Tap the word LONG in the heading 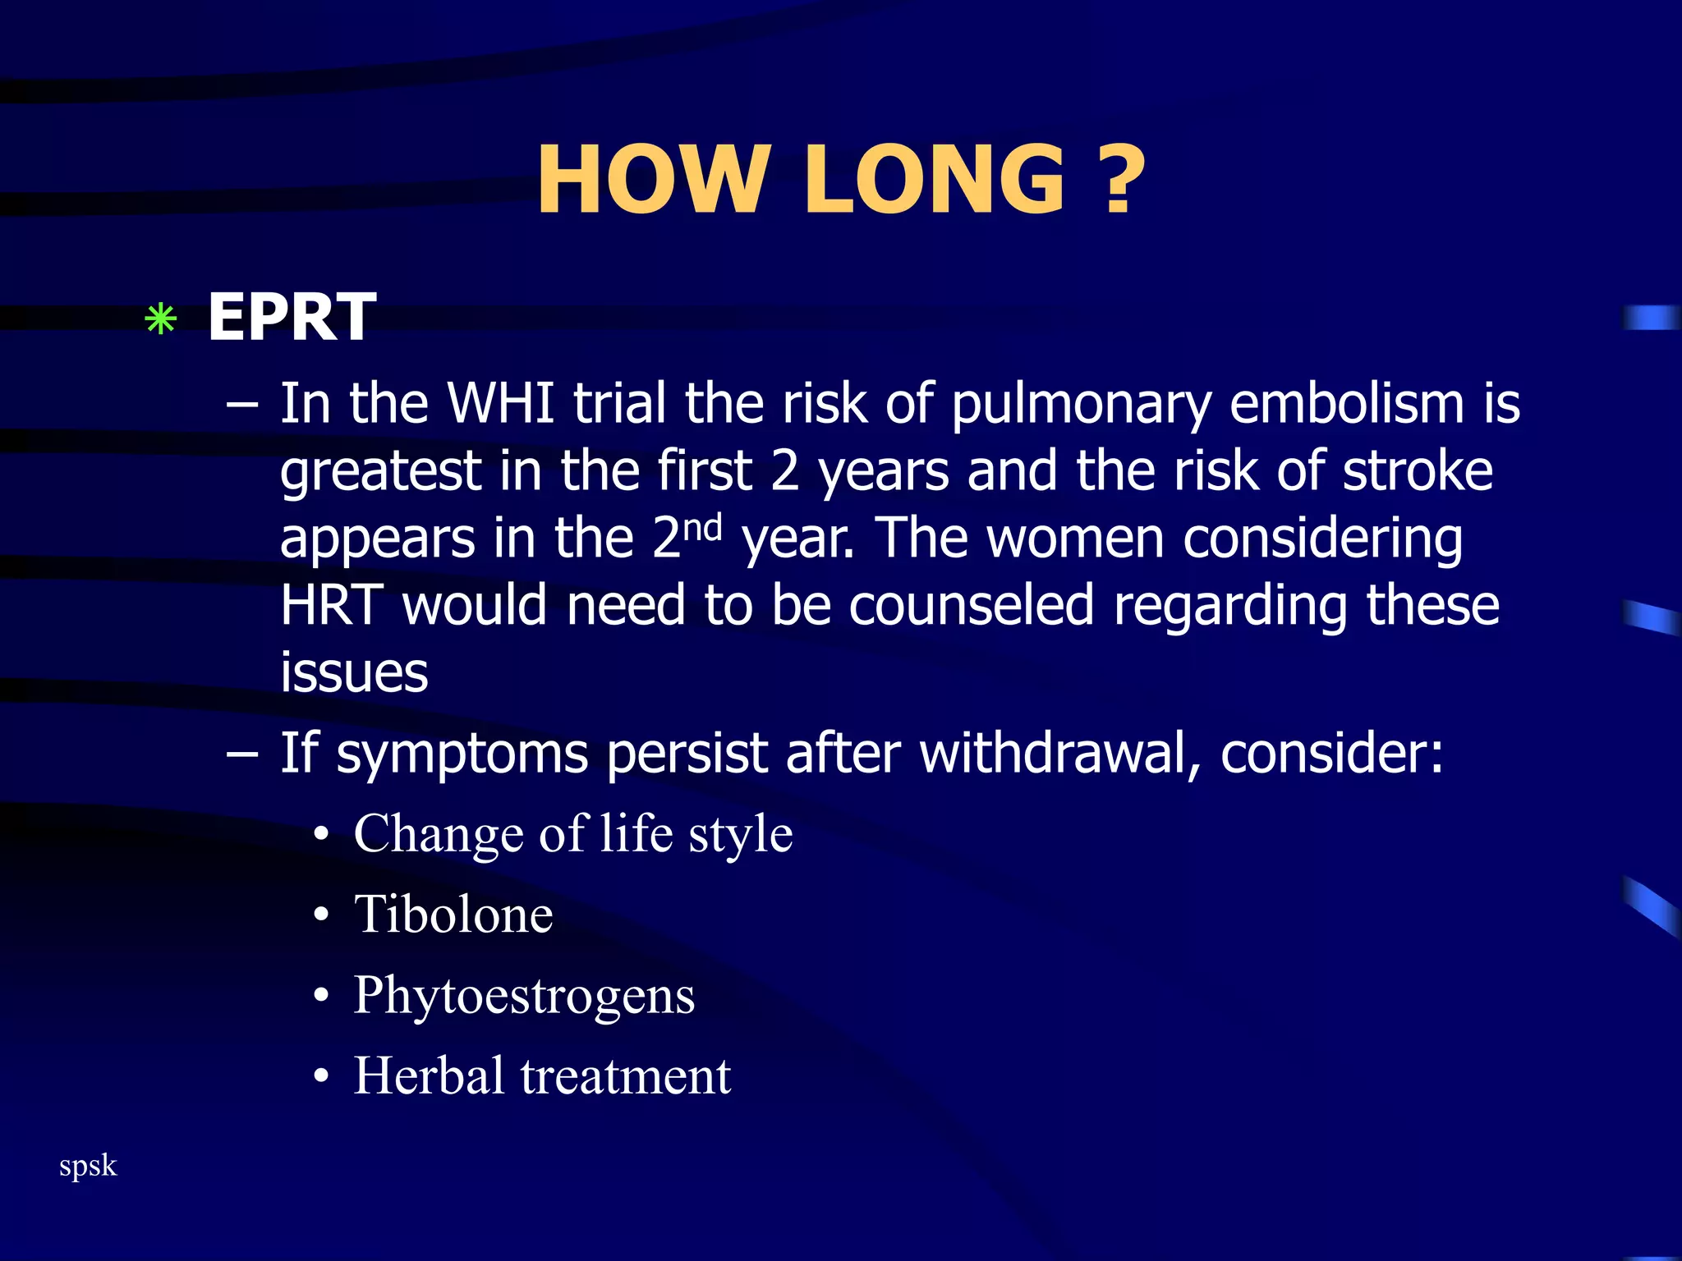tap(935, 179)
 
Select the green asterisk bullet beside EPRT tap(160, 319)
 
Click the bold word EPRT tap(292, 317)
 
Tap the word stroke tap(1418, 471)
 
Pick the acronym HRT tap(332, 605)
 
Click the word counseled tap(971, 605)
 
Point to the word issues tap(354, 672)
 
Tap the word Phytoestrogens tap(524, 996)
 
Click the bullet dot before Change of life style tap(322, 836)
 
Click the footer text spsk tap(88, 1166)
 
